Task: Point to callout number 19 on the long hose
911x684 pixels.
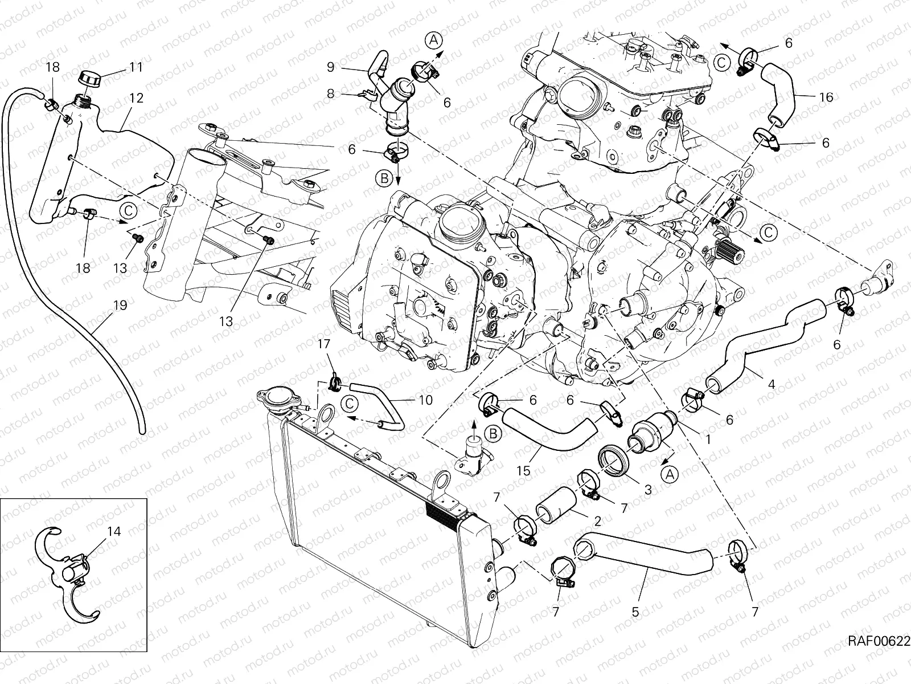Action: coord(120,306)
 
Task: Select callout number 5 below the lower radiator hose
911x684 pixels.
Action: coord(635,612)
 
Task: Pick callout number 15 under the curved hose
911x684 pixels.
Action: coord(524,471)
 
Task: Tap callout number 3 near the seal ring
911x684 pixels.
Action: coord(647,488)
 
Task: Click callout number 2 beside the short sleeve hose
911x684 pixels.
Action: coord(597,521)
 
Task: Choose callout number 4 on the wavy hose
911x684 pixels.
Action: coord(772,384)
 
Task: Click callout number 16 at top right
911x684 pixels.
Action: coord(826,97)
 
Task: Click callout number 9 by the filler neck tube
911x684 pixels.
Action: coord(331,67)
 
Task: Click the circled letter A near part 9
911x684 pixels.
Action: coord(433,40)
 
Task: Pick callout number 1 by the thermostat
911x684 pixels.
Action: coord(708,439)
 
